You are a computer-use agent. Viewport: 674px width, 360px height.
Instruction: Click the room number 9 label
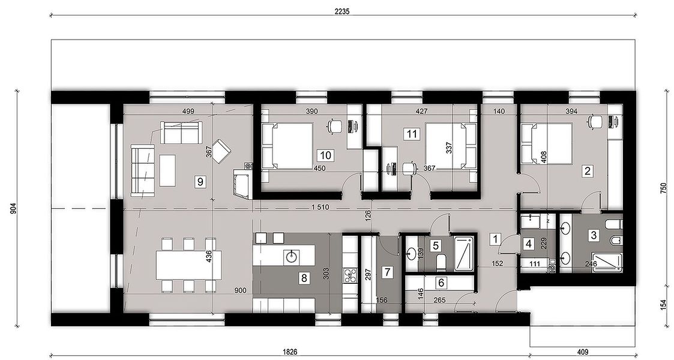point(200,182)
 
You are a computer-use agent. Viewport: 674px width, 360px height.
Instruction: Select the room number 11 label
point(412,134)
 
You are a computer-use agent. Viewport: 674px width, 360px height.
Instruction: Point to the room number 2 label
point(587,171)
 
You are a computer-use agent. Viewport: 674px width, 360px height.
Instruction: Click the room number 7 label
point(387,272)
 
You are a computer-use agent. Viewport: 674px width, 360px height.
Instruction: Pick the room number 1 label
point(496,239)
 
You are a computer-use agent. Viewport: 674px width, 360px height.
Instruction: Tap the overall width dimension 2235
point(342,11)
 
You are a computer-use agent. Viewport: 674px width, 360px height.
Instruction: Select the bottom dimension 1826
point(290,352)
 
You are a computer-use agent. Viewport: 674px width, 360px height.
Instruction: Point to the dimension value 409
point(583,352)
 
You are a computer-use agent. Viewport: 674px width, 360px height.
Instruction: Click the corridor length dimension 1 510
point(320,207)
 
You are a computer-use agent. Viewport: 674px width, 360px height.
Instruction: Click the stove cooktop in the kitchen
point(350,275)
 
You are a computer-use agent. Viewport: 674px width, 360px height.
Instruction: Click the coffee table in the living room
point(167,170)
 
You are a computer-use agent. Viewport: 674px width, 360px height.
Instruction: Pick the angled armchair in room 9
point(222,151)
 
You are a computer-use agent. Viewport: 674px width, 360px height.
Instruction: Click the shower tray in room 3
point(607,262)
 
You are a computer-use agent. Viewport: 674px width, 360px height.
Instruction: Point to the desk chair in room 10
point(334,125)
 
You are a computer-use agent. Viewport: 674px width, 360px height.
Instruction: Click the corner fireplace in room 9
point(242,183)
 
